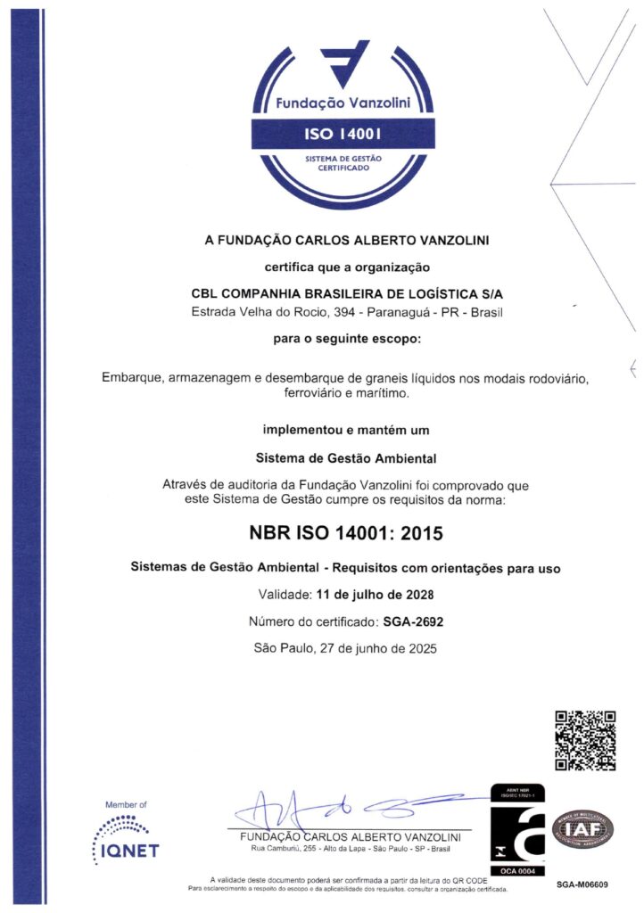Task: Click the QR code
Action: pyautogui.click(x=586, y=740)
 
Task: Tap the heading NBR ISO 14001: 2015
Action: pyautogui.click(x=345, y=533)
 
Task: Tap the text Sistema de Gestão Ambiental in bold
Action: pyautogui.click(x=345, y=459)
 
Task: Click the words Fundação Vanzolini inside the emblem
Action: pyautogui.click(x=342, y=103)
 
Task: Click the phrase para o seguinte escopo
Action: pyautogui.click(x=345, y=339)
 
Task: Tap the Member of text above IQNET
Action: pyautogui.click(x=126, y=805)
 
